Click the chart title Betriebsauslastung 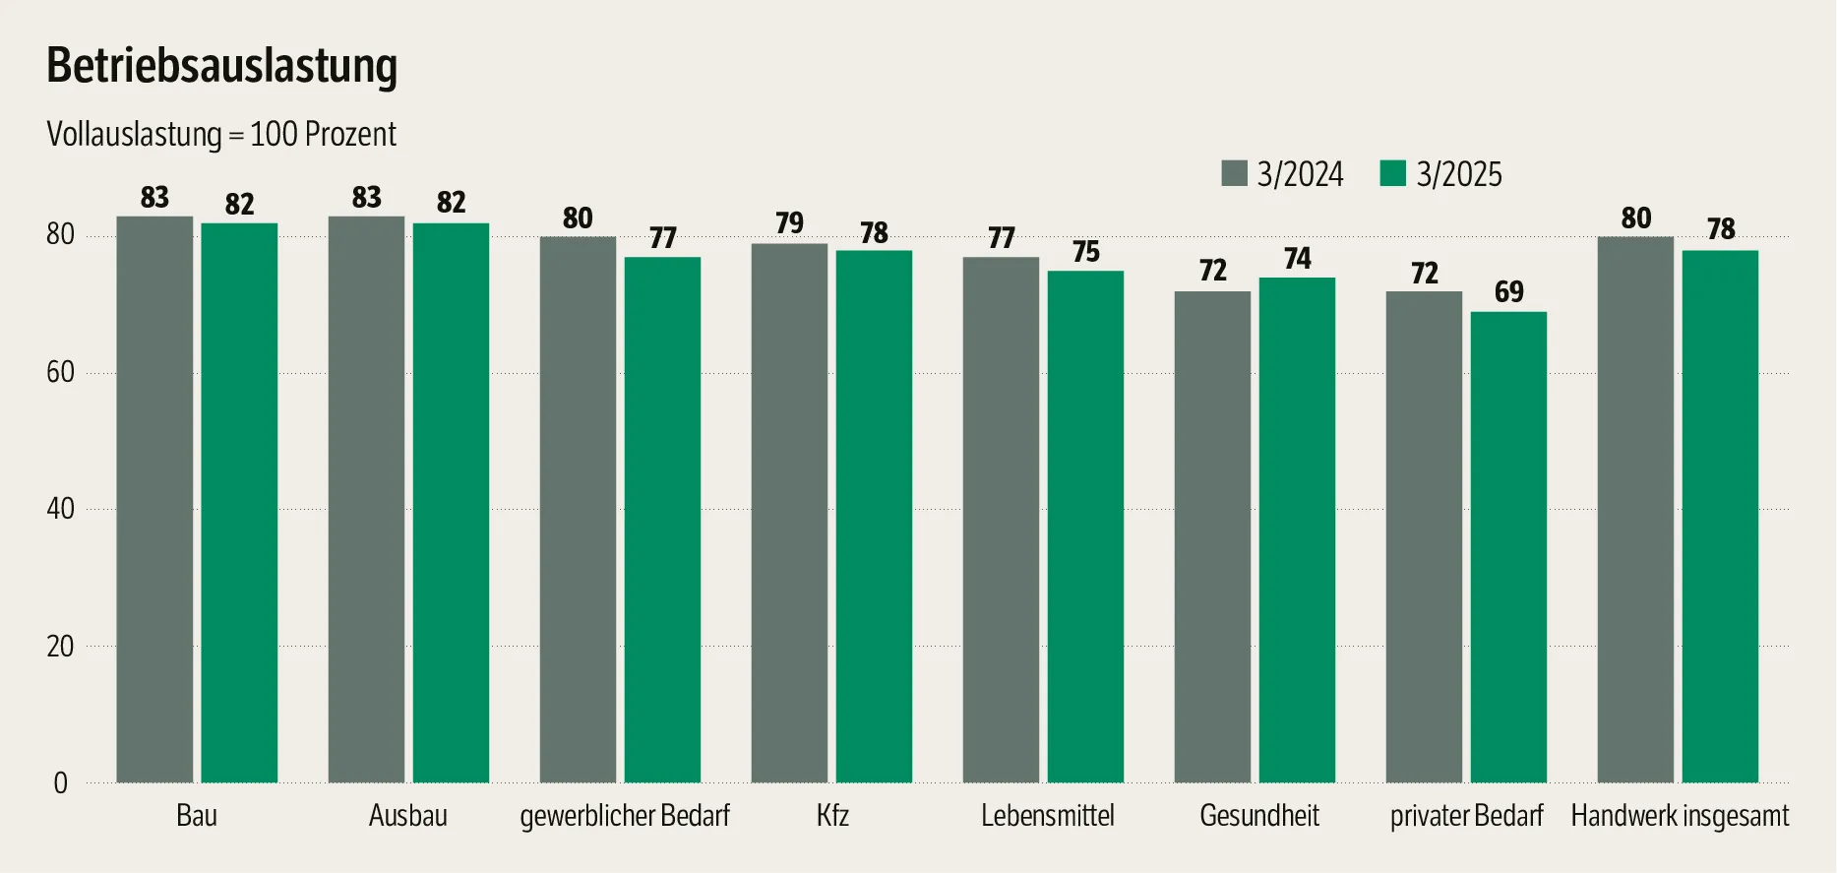(221, 66)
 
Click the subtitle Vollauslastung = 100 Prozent (221, 135)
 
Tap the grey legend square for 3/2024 (1234, 173)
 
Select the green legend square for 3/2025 (1393, 173)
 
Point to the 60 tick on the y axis (60, 372)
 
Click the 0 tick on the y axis (60, 783)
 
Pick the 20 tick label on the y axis (60, 647)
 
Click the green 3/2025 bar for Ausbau (451, 502)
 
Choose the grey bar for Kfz (789, 513)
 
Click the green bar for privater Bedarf (1508, 546)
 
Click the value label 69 (1508, 292)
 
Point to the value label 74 (1297, 259)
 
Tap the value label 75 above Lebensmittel (1085, 252)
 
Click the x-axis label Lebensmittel (1047, 816)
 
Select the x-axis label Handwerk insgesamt (1679, 816)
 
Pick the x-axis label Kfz (832, 816)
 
